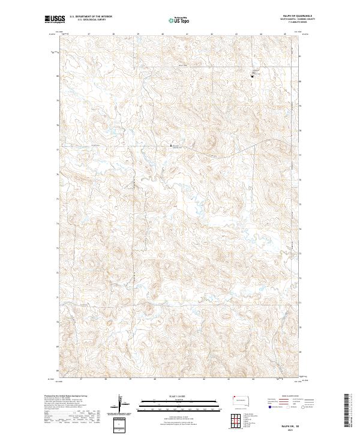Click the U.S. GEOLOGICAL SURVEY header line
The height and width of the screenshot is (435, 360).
pyautogui.click(x=85, y=20)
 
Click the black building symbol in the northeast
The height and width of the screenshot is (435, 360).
pyautogui.click(x=252, y=76)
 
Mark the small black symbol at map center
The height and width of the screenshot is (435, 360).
pyautogui.click(x=168, y=145)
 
